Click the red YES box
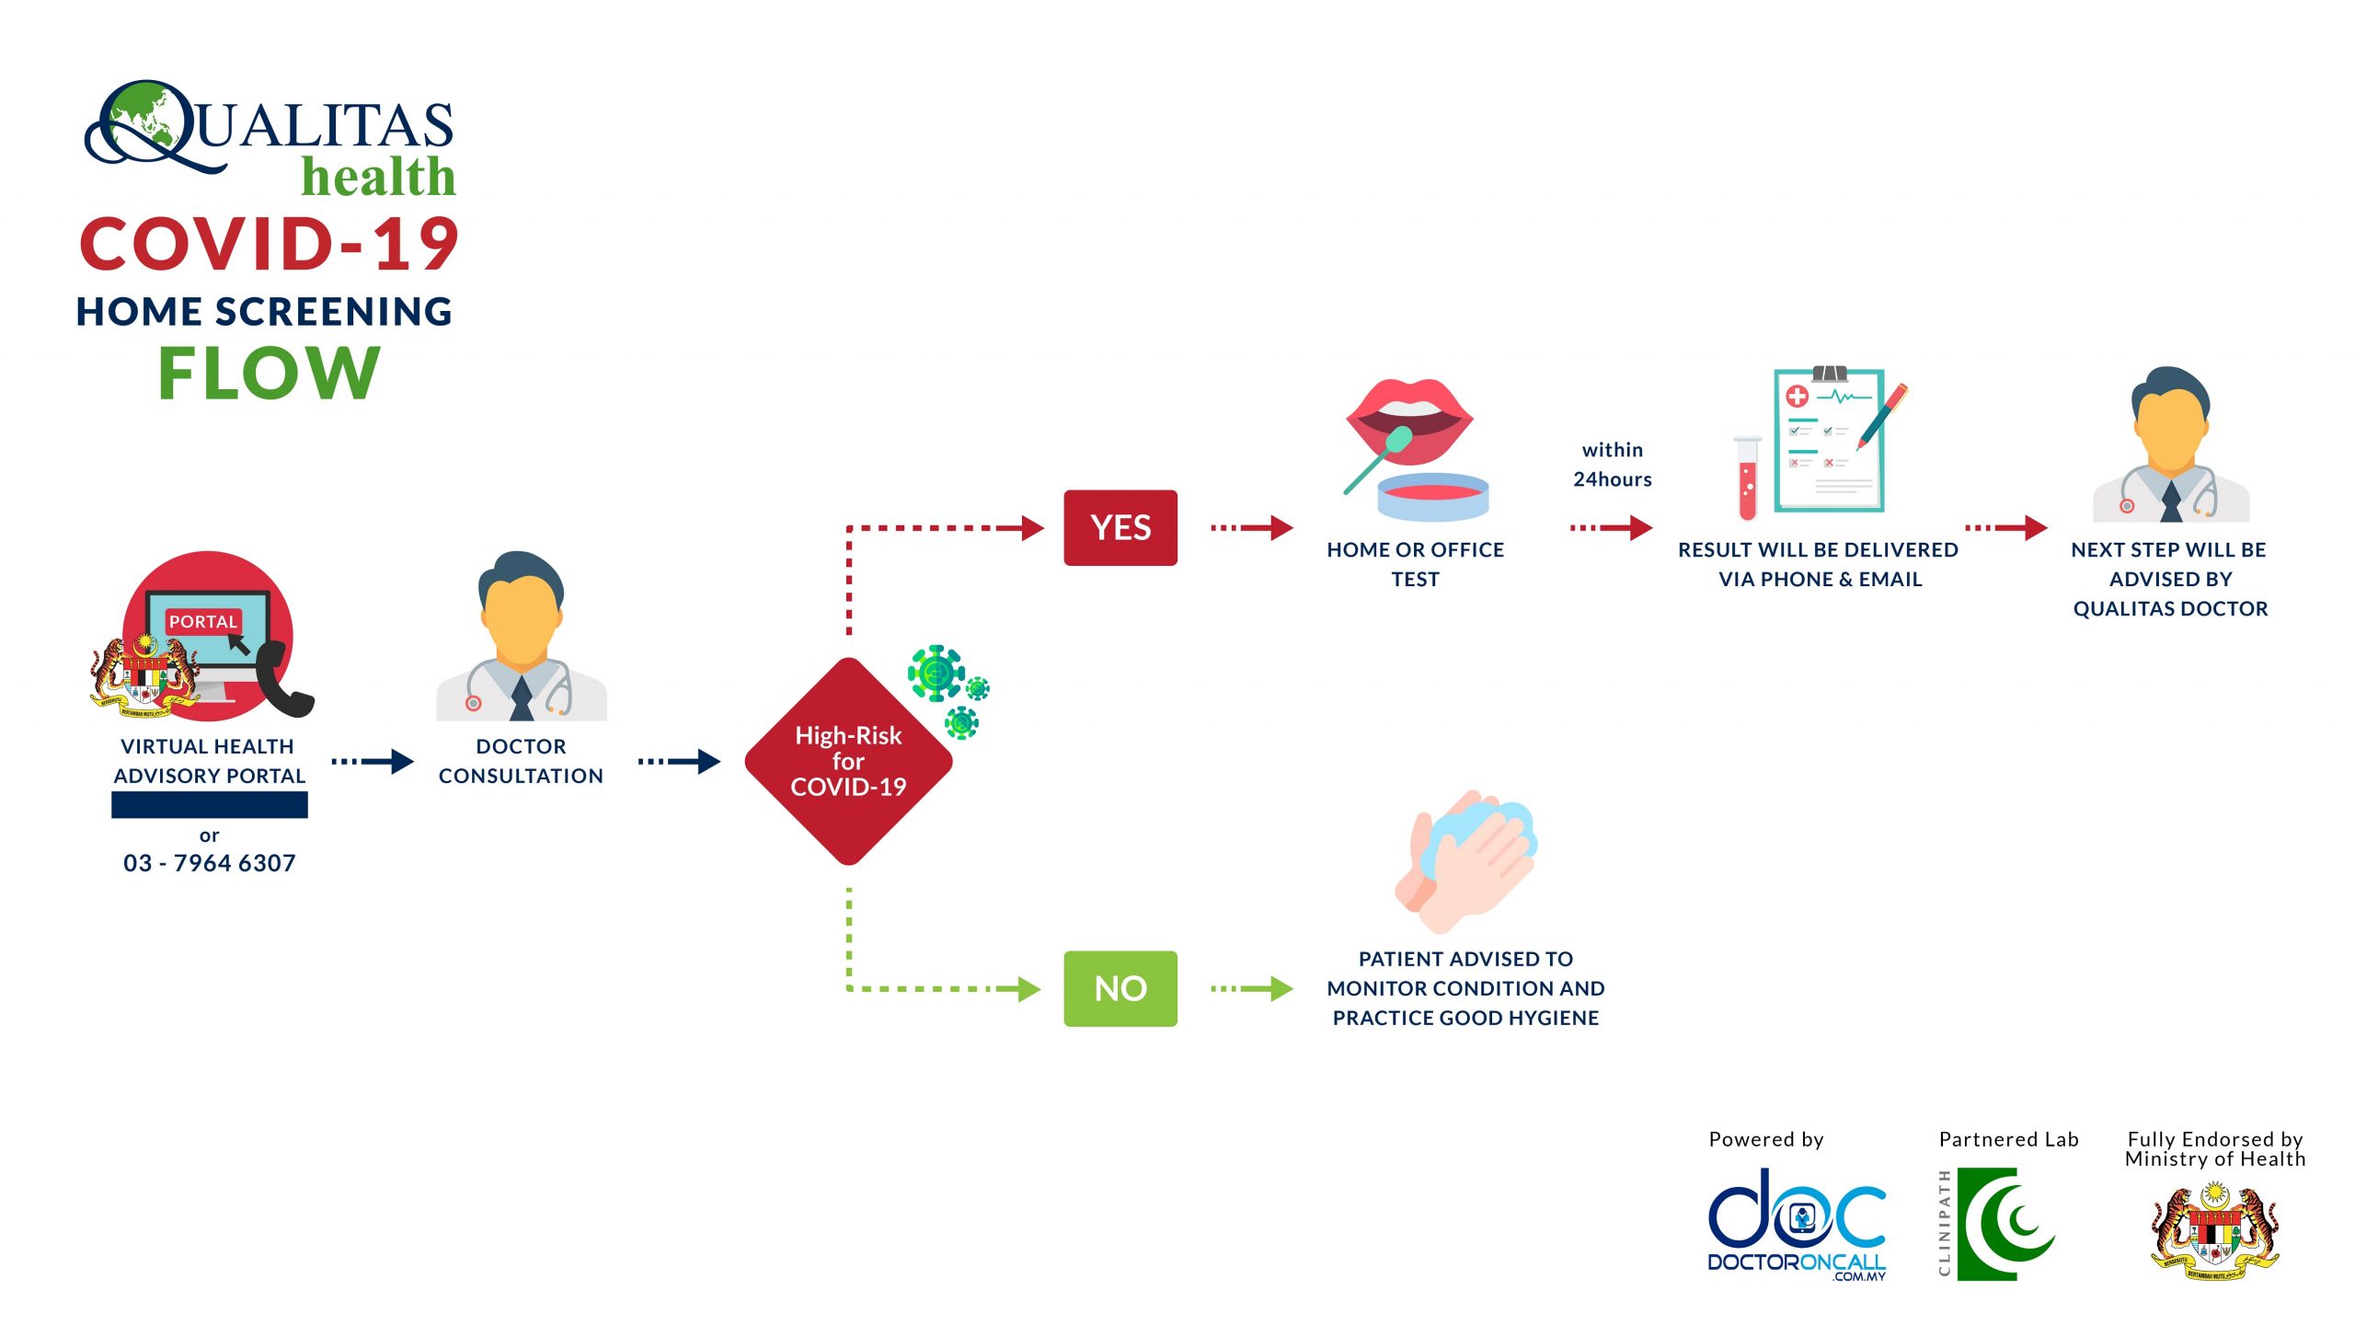click(1120, 527)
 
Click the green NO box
click(1120, 988)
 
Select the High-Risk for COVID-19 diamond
click(847, 761)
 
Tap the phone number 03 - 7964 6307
click(210, 863)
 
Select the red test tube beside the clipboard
click(1747, 478)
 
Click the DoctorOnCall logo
click(1796, 1224)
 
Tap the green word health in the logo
click(378, 177)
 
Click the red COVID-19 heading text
click(269, 245)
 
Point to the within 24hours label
click(1612, 465)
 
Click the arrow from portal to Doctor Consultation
click(373, 761)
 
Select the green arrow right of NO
click(1252, 988)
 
